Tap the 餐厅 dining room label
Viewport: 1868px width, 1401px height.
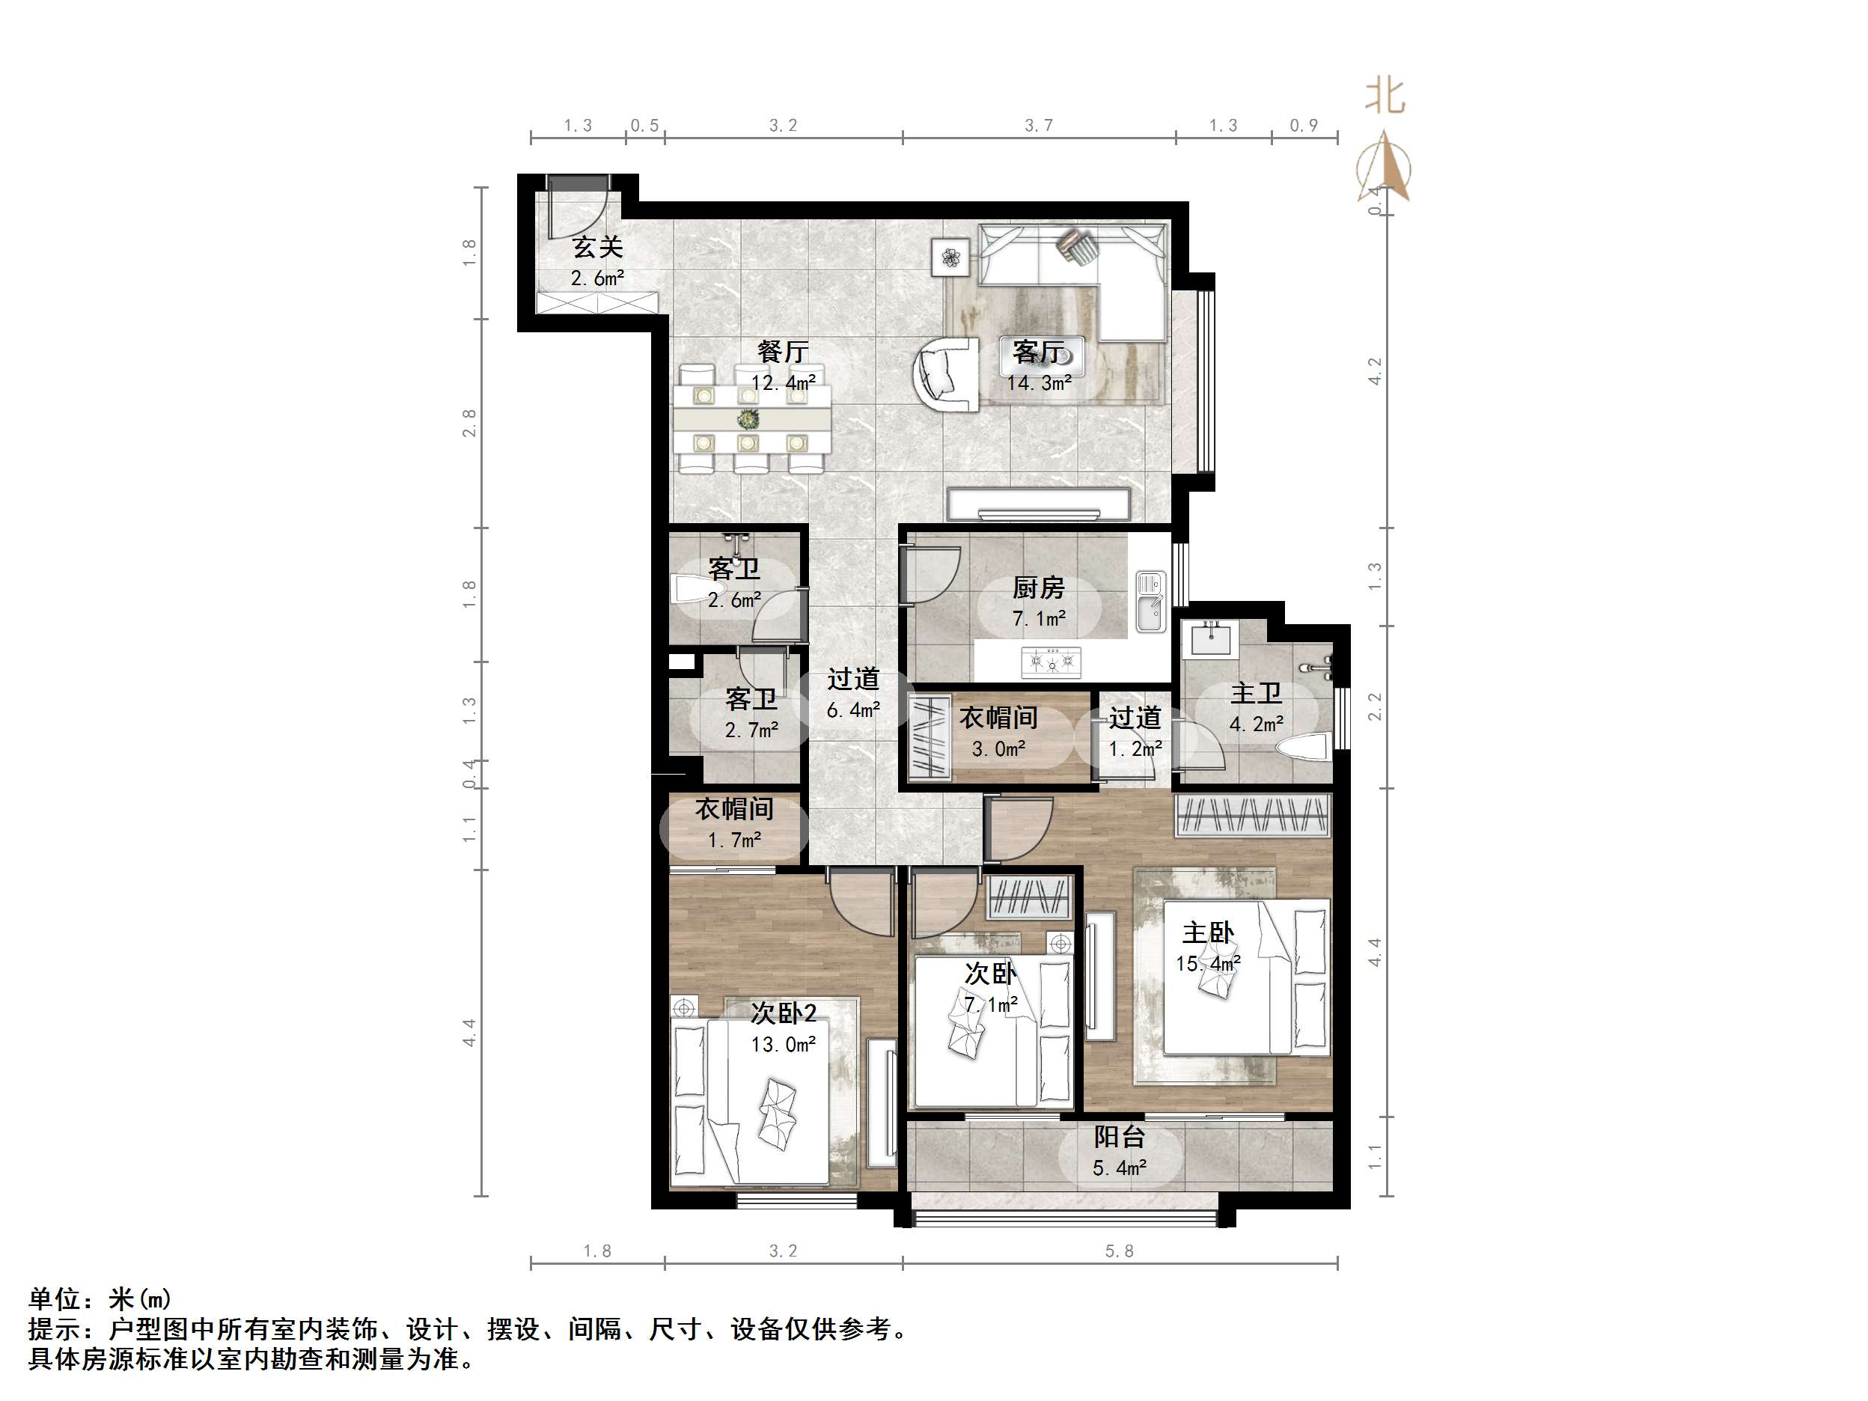(783, 351)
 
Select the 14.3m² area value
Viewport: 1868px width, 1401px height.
(1039, 383)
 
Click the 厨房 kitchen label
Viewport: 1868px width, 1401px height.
(1039, 587)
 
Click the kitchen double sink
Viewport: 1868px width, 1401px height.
(1149, 600)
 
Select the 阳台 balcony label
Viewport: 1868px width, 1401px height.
(1119, 1138)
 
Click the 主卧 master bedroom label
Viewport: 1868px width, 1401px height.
(1208, 933)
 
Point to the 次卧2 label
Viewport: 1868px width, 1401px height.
(783, 1013)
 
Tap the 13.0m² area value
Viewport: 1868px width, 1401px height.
(783, 1045)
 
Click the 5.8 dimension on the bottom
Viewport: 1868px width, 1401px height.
(1119, 1251)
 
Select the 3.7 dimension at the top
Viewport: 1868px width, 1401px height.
(1039, 126)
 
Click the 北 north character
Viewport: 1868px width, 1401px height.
(1386, 97)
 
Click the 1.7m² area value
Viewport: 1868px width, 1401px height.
(734, 840)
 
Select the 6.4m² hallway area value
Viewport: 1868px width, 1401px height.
(853, 710)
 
